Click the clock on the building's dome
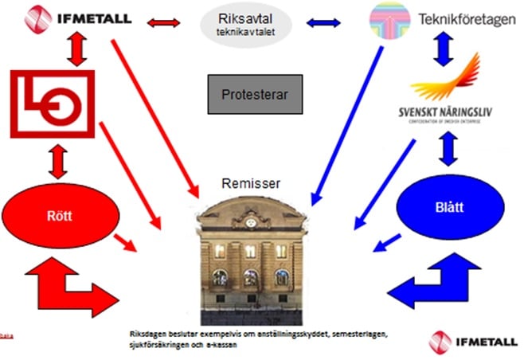tap(250, 215)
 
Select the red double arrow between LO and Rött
tap(55, 162)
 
